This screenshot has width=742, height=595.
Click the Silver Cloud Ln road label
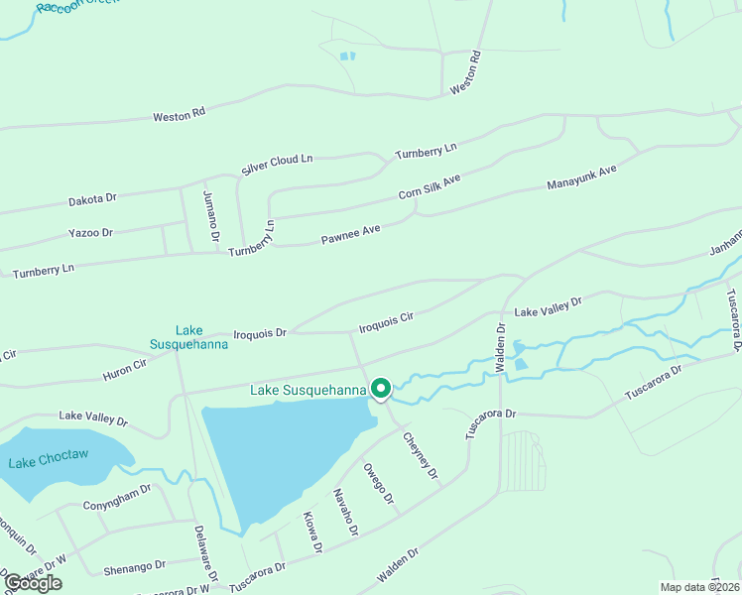click(277, 165)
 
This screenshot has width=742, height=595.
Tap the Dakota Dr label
click(92, 199)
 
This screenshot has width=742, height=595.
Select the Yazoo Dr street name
click(90, 233)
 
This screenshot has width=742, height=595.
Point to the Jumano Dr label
click(209, 215)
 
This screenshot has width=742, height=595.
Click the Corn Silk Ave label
click(431, 186)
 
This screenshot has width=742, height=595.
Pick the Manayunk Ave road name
click(582, 178)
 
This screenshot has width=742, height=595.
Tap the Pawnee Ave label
click(350, 235)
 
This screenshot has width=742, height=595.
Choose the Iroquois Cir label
click(385, 321)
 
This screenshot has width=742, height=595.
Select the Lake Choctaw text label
click(49, 461)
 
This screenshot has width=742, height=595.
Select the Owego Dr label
click(378, 484)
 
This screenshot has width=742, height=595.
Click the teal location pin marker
click(381, 389)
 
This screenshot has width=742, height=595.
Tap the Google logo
click(34, 583)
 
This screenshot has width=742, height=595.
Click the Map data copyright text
click(698, 587)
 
